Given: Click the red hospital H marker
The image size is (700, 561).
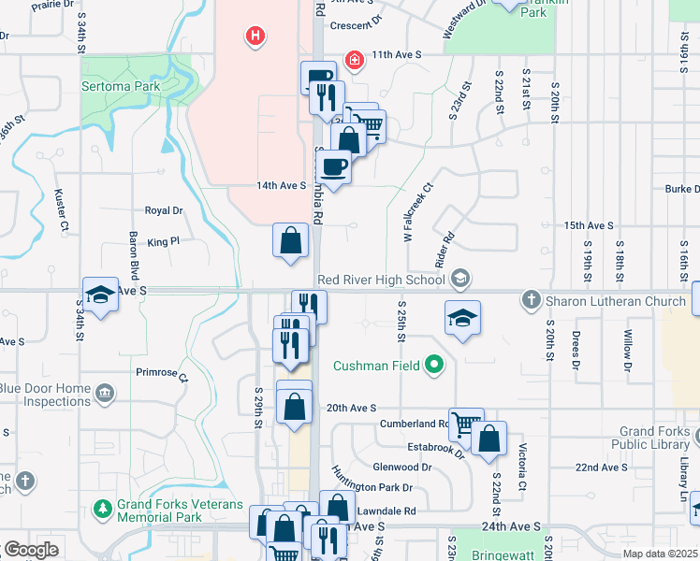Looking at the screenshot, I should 255,37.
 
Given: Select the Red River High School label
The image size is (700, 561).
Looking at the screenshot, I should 380,279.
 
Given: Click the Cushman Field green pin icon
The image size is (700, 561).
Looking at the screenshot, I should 433,365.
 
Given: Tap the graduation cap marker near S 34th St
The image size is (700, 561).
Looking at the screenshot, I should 100,295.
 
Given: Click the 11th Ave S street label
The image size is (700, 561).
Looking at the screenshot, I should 396,55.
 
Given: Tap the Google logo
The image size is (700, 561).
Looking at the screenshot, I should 30,550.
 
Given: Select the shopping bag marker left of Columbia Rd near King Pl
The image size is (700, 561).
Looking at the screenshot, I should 291,240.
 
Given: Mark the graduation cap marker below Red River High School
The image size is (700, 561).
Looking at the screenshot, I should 462,318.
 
